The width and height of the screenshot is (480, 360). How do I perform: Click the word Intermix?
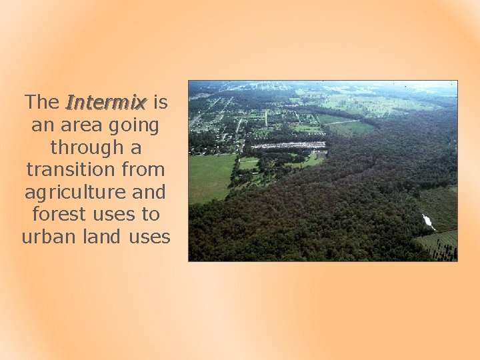106,103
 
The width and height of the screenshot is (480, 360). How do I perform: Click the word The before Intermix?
42,103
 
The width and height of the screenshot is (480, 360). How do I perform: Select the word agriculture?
74,192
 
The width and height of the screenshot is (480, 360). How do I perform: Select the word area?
82,125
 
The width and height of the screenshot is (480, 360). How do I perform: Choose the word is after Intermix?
160,103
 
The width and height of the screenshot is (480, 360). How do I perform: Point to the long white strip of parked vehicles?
288,145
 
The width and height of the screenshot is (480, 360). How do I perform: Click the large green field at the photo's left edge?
210,177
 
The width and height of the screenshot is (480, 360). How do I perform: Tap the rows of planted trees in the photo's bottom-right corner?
439,245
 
